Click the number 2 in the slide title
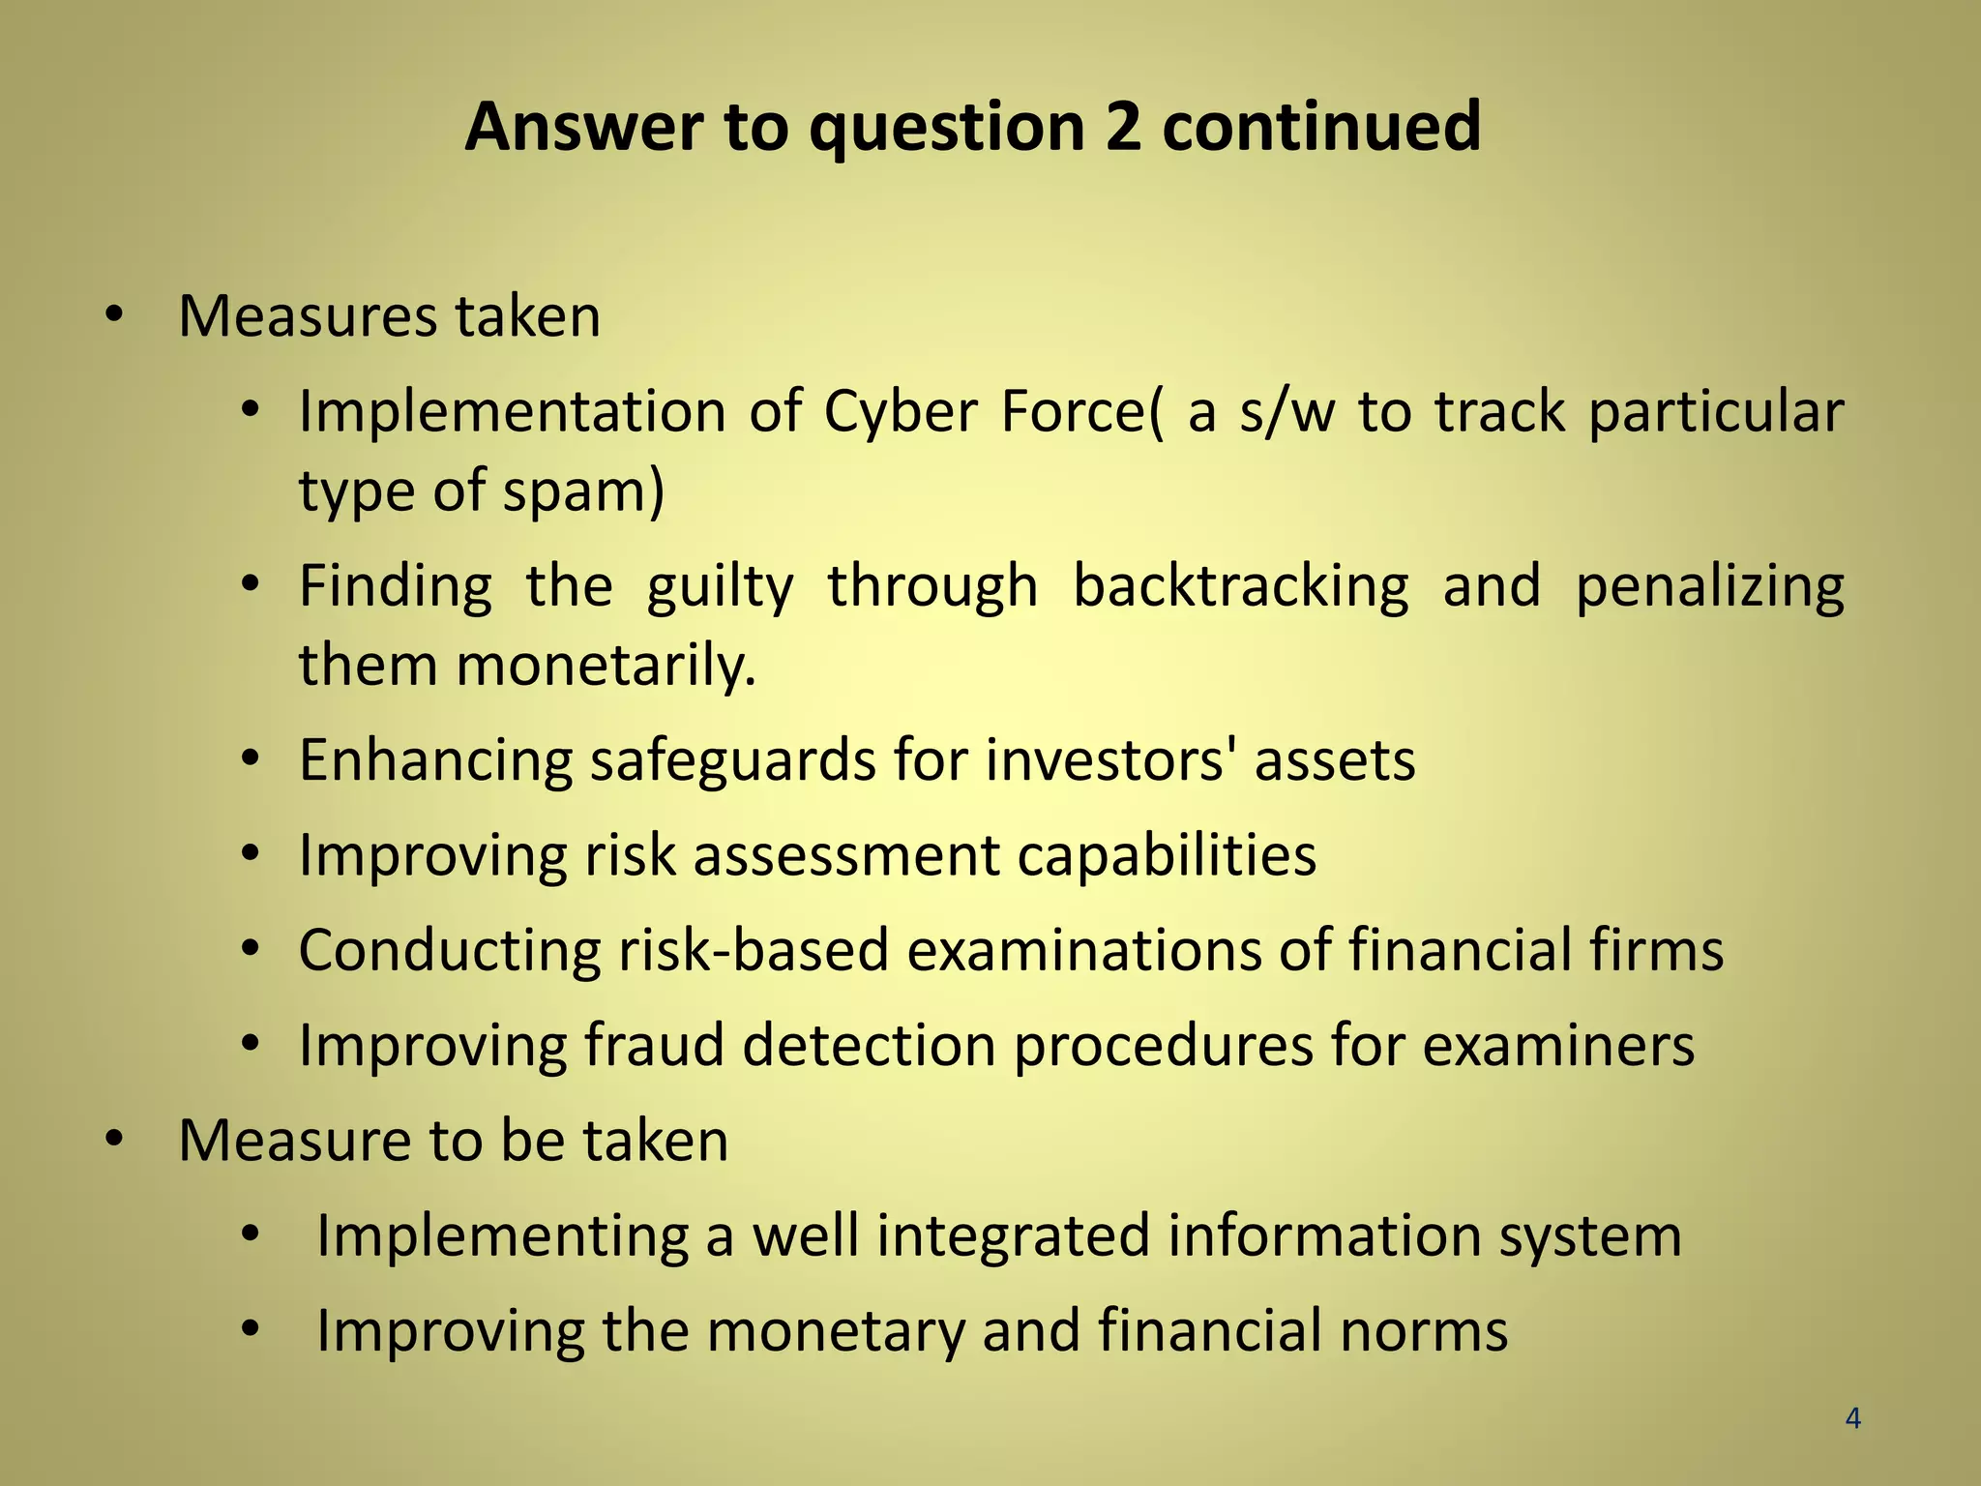click(1122, 128)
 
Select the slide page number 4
click(1852, 1418)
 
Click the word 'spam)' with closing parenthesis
click(583, 490)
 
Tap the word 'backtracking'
click(1241, 586)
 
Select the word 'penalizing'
click(1709, 586)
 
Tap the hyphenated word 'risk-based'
click(753, 950)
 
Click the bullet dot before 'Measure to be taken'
click(115, 1140)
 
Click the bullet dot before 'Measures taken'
click(115, 315)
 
